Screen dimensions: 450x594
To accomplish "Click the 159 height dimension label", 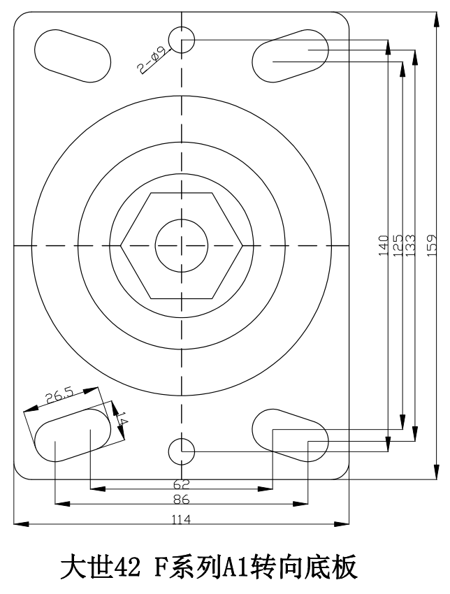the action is pyautogui.click(x=433, y=245).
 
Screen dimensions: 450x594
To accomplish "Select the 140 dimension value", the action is pyautogui.click(x=384, y=245).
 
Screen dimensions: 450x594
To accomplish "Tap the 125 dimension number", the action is pyautogui.click(x=398, y=245).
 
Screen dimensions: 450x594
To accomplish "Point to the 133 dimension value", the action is pyautogui.click(x=410, y=245).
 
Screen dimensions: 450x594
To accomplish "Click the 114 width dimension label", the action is pyautogui.click(x=182, y=519).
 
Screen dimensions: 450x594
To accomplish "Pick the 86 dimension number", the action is pyautogui.click(x=181, y=500).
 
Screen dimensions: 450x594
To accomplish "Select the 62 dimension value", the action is pyautogui.click(x=181, y=484).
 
